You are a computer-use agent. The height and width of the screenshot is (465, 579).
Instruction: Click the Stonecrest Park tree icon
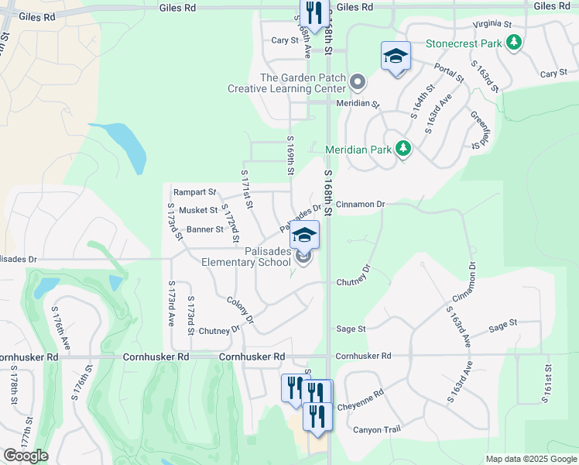[x=513, y=43]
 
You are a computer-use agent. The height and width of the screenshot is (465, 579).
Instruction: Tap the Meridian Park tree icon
[x=402, y=148]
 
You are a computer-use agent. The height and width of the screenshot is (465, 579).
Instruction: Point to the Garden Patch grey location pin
[x=358, y=81]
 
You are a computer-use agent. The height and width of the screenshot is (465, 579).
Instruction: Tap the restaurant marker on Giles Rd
[x=313, y=14]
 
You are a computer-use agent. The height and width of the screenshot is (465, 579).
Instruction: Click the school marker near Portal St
[x=395, y=57]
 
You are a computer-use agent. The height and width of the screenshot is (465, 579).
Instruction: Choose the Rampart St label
[x=195, y=191]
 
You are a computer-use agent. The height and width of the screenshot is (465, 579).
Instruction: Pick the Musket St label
[x=198, y=210]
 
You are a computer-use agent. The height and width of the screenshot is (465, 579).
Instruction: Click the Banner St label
[x=204, y=229]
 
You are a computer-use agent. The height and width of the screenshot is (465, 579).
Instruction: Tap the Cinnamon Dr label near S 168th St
[x=360, y=204]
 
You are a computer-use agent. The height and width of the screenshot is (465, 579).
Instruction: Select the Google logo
[x=26, y=456]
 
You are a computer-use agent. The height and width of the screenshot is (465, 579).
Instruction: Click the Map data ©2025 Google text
[x=531, y=459]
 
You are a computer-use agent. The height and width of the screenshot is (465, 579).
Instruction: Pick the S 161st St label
[x=547, y=384]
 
